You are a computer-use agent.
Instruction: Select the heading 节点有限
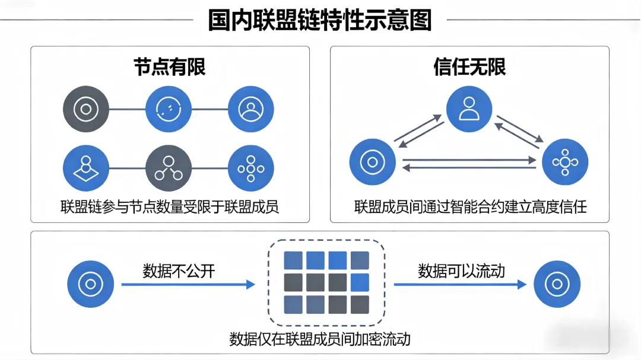170,67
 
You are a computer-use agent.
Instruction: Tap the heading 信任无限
469,67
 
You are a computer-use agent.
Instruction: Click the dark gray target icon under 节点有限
86,110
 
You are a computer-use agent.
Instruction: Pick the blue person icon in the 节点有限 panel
251,110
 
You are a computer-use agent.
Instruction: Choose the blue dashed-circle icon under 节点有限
169,110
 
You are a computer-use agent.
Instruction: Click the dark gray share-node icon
169,168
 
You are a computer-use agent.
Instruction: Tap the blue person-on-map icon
86,168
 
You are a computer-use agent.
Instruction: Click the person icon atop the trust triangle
469,110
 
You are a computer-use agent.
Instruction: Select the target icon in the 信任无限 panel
373,162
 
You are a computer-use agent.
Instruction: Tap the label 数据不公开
179,271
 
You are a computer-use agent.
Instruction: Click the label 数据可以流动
461,271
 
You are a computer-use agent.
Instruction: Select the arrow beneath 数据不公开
188,285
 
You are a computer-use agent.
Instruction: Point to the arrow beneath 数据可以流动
460,285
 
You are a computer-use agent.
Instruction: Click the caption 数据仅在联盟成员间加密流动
320,339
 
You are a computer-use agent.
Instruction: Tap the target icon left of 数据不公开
90,284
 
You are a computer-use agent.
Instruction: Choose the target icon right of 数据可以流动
557,284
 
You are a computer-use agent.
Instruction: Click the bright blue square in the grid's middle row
359,282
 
